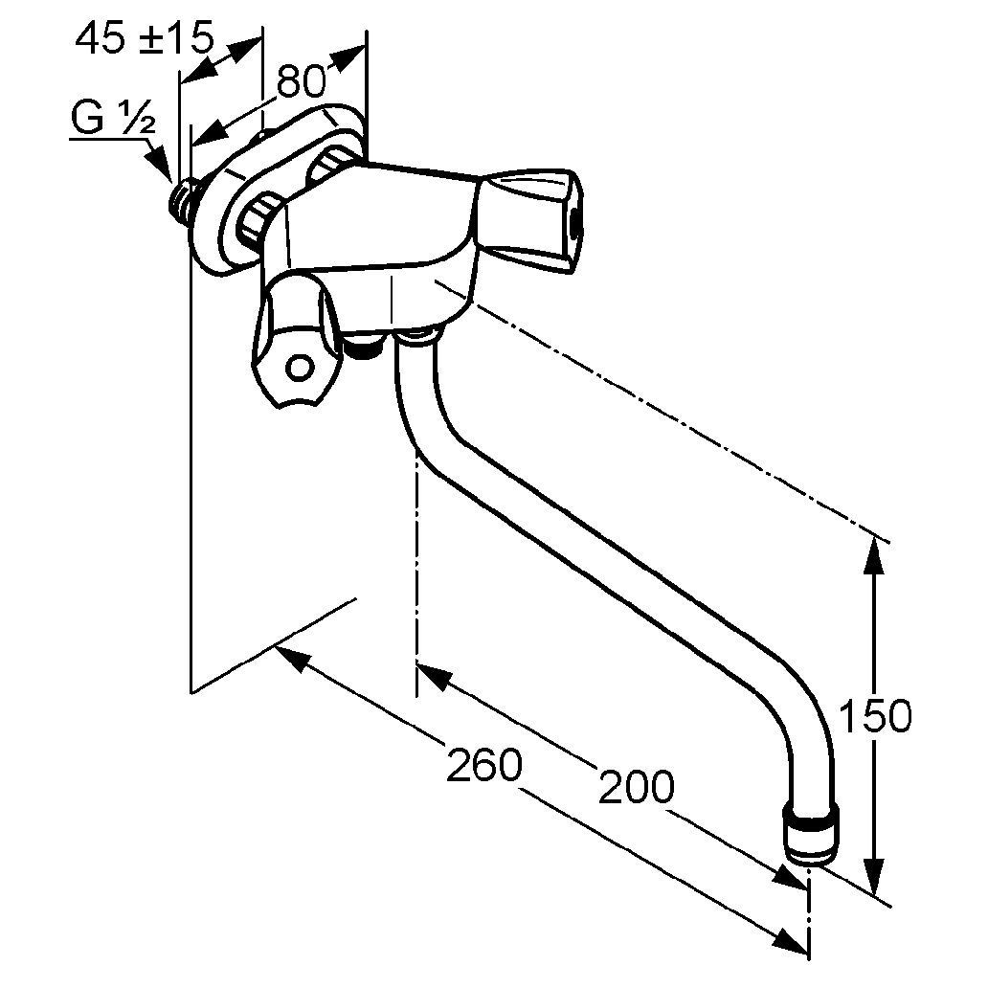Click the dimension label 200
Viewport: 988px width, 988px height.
tap(637, 786)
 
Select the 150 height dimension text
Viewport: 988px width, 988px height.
tap(876, 716)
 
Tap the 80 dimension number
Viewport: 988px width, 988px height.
tap(302, 80)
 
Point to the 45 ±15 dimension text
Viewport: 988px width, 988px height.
tap(145, 39)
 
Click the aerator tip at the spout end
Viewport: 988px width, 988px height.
tap(813, 832)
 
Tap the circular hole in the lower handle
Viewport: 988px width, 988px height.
tap(300, 368)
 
